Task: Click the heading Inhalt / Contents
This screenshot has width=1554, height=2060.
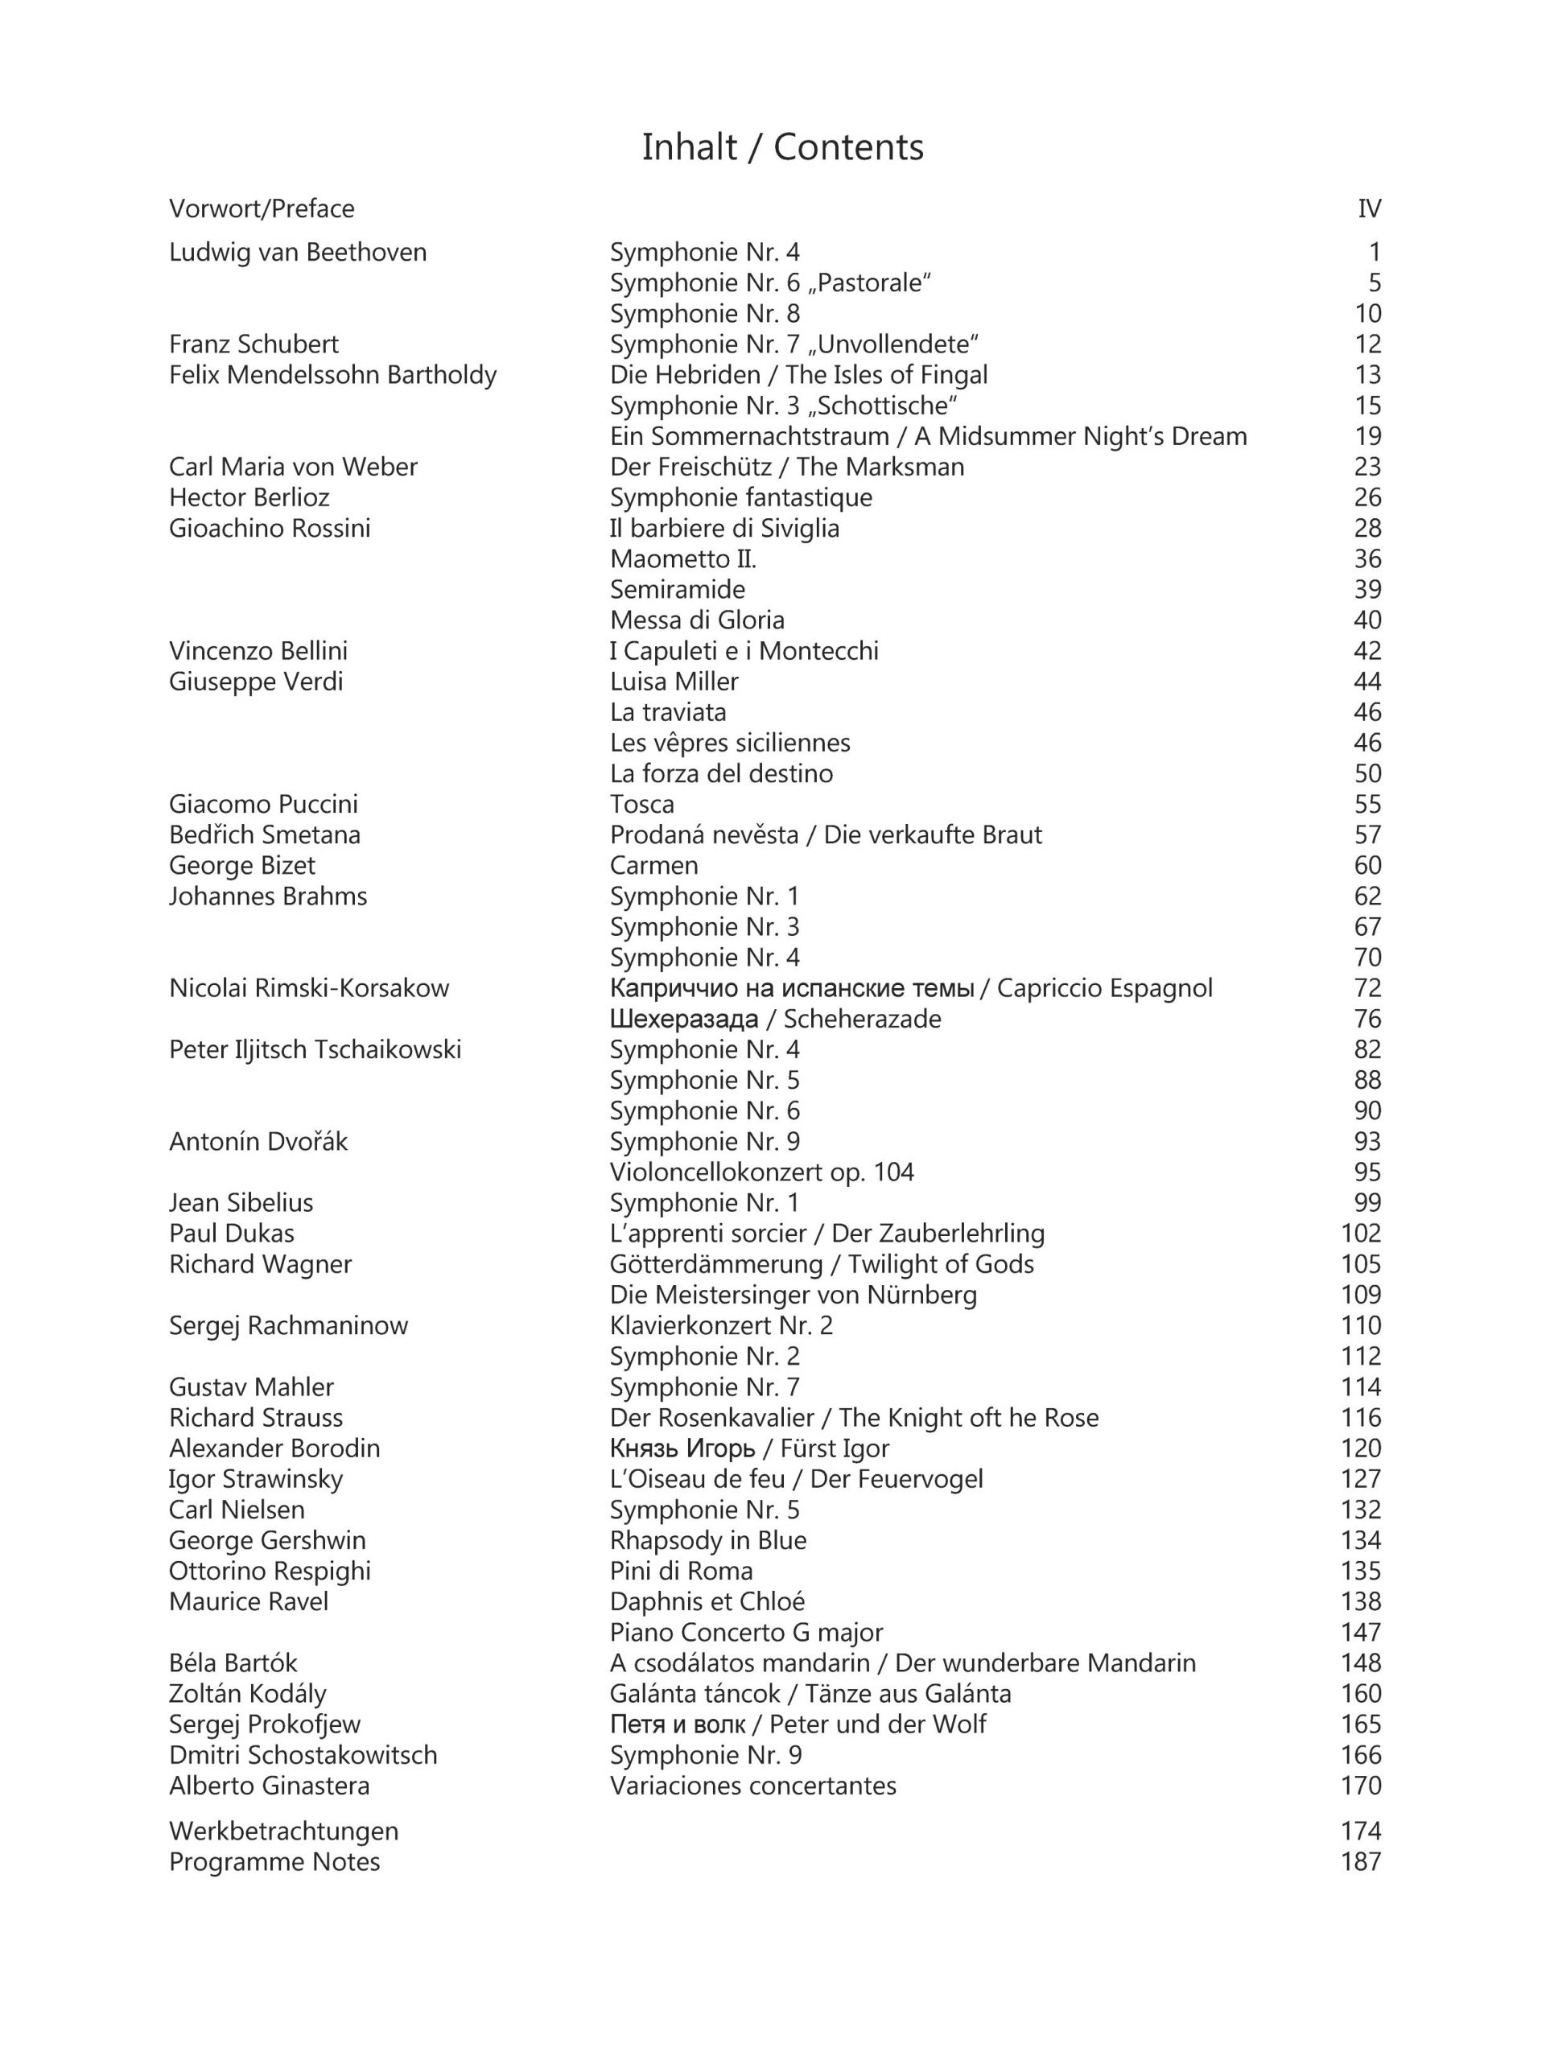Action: pyautogui.click(x=782, y=147)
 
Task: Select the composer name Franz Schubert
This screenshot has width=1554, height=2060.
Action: pyautogui.click(x=254, y=344)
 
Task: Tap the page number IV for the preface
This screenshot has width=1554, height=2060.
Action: pyautogui.click(x=1369, y=208)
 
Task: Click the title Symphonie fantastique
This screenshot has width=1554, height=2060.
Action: pyautogui.click(x=740, y=497)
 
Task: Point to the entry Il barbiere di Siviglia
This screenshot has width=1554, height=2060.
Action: pyautogui.click(x=724, y=528)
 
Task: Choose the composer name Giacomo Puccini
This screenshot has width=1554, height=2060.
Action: pyautogui.click(x=262, y=804)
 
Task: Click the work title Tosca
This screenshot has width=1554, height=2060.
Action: pyautogui.click(x=641, y=804)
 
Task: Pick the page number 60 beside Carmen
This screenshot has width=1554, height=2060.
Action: pyautogui.click(x=1366, y=865)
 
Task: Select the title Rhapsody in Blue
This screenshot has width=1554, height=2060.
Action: pyautogui.click(x=707, y=1540)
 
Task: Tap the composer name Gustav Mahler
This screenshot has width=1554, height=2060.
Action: pyautogui.click(x=250, y=1386)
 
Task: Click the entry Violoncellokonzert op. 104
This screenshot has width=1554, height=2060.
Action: pyautogui.click(x=761, y=1172)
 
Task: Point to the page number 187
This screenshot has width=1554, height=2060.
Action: pyautogui.click(x=1360, y=1861)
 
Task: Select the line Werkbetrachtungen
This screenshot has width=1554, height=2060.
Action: pyautogui.click(x=283, y=1831)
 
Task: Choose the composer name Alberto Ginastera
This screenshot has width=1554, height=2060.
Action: pyautogui.click(x=269, y=1786)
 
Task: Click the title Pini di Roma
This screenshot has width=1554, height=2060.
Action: pyautogui.click(x=681, y=1571)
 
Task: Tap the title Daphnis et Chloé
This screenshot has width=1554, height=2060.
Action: pyautogui.click(x=707, y=1602)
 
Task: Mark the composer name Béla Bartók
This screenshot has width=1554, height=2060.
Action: pyautogui.click(x=233, y=1663)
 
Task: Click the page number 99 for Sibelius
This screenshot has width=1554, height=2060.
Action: pyautogui.click(x=1366, y=1202)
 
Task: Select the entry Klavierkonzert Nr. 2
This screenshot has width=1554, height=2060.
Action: pyautogui.click(x=721, y=1325)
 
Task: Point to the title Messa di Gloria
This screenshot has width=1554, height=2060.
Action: pyautogui.click(x=696, y=620)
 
